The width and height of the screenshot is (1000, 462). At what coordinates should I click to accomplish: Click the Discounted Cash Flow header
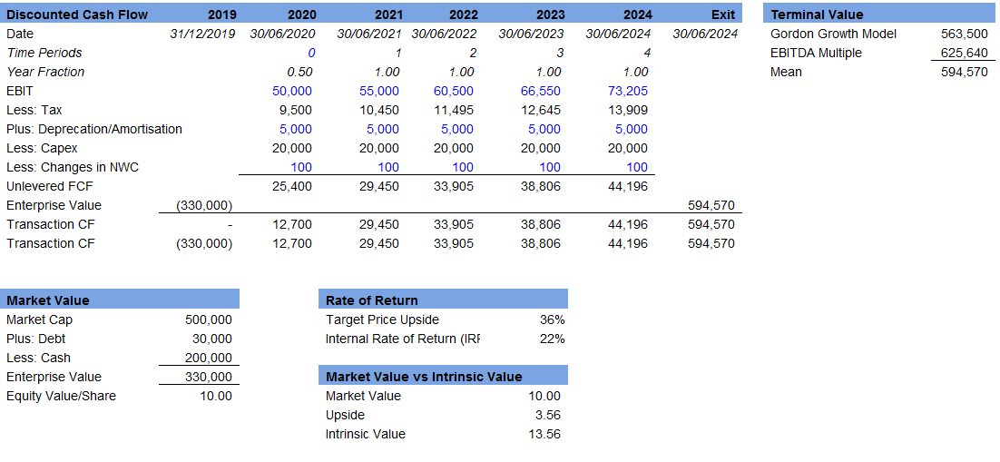click(77, 15)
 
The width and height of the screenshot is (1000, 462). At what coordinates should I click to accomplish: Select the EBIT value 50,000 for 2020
click(292, 91)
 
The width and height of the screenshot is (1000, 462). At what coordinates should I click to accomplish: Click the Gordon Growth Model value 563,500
click(965, 34)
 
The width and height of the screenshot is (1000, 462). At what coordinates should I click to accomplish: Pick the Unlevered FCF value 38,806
click(541, 186)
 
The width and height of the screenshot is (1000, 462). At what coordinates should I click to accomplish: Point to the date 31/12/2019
click(202, 34)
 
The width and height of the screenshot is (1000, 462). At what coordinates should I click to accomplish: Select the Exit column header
click(723, 15)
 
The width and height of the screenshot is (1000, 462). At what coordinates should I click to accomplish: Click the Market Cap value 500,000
click(209, 319)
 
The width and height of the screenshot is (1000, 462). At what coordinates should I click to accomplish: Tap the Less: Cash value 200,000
click(209, 358)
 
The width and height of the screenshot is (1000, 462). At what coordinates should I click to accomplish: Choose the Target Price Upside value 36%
click(552, 319)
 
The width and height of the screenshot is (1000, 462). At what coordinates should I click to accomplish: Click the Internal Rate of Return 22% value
click(552, 339)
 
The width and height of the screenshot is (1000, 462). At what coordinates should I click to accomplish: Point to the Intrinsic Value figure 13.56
click(544, 434)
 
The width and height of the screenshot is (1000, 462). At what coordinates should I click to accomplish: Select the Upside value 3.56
click(547, 415)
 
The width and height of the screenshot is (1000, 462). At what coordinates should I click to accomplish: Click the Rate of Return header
click(372, 300)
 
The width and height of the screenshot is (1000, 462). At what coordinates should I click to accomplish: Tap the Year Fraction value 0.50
click(300, 72)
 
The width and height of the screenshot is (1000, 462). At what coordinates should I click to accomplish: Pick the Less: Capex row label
click(42, 148)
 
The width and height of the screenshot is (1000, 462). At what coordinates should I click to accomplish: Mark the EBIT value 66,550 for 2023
click(541, 91)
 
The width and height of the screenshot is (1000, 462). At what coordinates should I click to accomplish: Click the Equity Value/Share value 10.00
click(216, 396)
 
